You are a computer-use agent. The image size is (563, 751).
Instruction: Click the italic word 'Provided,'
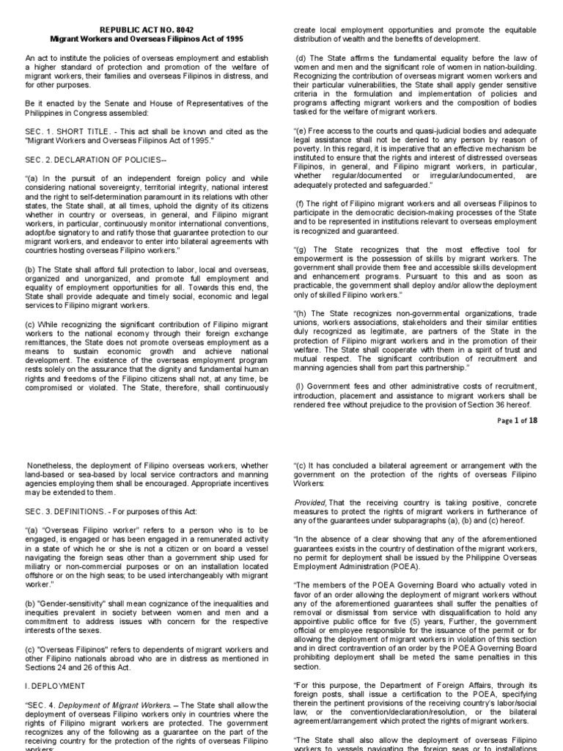coord(309,501)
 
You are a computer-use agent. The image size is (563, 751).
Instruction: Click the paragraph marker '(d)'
coord(301,58)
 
